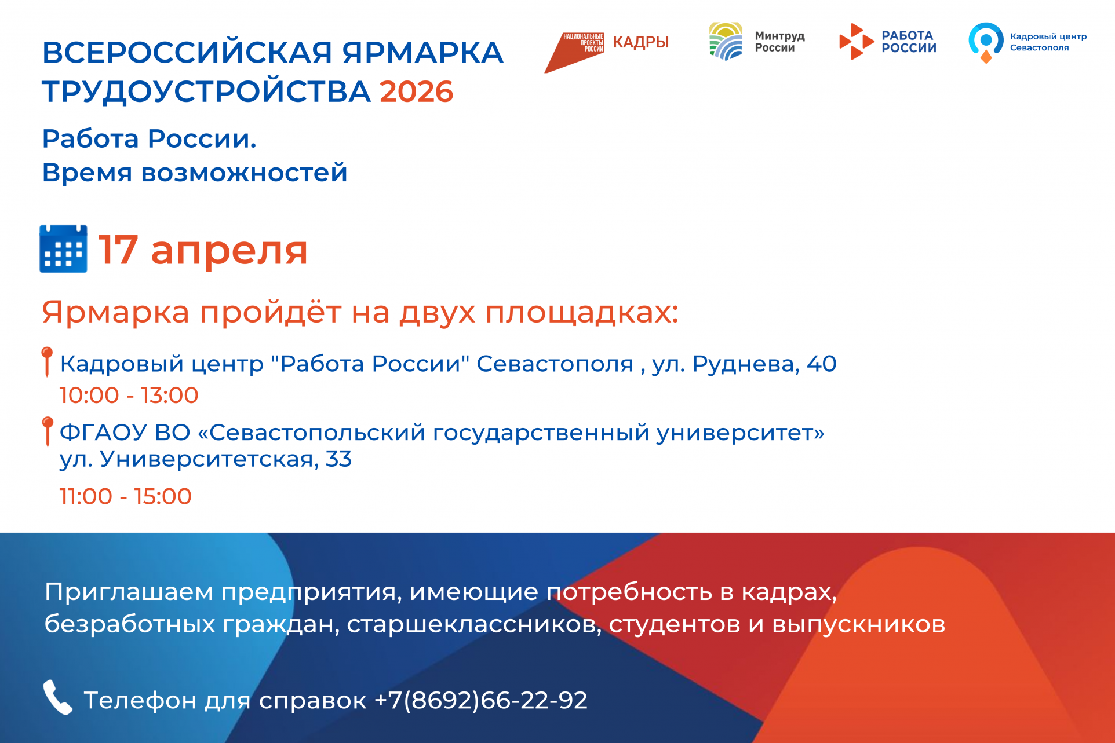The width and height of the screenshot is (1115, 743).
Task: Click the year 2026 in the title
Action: [x=416, y=92]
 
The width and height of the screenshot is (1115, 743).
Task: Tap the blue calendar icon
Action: [x=63, y=249]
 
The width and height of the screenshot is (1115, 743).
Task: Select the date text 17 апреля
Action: [x=203, y=250]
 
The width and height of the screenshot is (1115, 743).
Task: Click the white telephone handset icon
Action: [x=57, y=697]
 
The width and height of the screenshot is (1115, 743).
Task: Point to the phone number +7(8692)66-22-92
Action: [x=481, y=700]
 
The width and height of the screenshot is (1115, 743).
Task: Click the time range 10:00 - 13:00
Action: [x=129, y=396]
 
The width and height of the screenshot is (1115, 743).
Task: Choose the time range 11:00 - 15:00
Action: [x=125, y=496]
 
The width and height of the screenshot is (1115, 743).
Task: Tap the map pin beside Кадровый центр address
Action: [x=48, y=361]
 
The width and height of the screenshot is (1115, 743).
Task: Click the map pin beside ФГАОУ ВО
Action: [x=48, y=431]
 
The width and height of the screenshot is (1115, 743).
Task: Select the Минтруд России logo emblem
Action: [x=726, y=41]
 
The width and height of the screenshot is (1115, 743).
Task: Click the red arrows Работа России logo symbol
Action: [x=856, y=42]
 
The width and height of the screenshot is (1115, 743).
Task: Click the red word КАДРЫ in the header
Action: [x=640, y=42]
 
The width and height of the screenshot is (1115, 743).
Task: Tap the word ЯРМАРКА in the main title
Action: [x=422, y=53]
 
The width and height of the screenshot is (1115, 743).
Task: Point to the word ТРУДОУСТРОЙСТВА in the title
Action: [x=206, y=92]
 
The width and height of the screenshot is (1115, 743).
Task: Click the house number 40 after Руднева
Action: [x=822, y=364]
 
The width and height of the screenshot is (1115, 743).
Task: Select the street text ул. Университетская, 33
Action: [x=206, y=459]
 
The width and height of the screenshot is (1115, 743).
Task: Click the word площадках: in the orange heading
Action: [x=581, y=313]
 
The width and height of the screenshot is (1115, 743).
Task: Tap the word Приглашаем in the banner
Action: [x=129, y=592]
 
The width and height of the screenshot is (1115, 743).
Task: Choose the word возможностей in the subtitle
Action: [x=244, y=173]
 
